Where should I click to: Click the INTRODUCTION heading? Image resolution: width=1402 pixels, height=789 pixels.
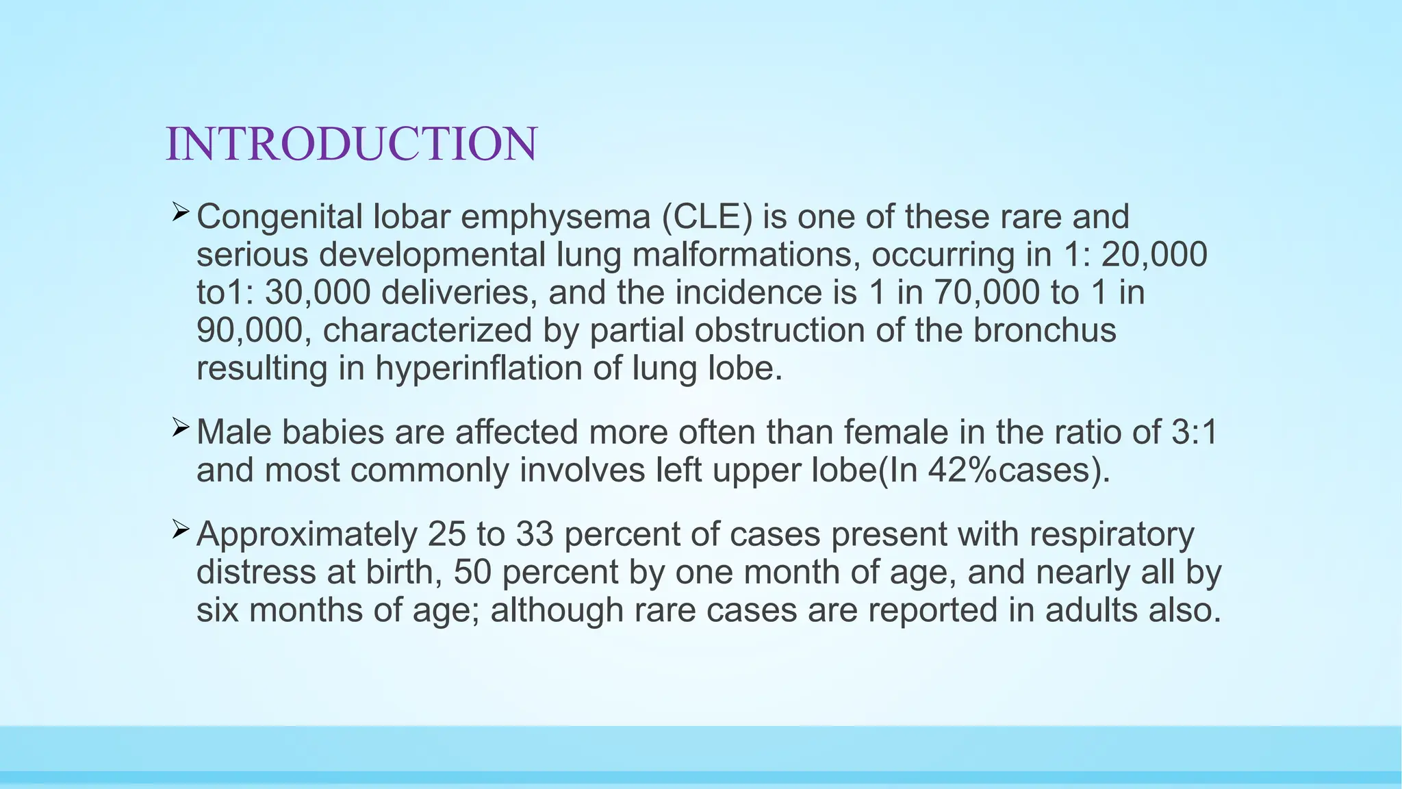click(351, 145)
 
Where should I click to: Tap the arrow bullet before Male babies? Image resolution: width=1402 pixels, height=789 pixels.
click(180, 428)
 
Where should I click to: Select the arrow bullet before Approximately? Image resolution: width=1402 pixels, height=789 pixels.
click(180, 529)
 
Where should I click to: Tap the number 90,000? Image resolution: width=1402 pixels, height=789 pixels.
click(249, 330)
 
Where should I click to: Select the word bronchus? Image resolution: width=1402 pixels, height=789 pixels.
click(1045, 330)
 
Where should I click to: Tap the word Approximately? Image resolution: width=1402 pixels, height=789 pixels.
click(307, 535)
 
